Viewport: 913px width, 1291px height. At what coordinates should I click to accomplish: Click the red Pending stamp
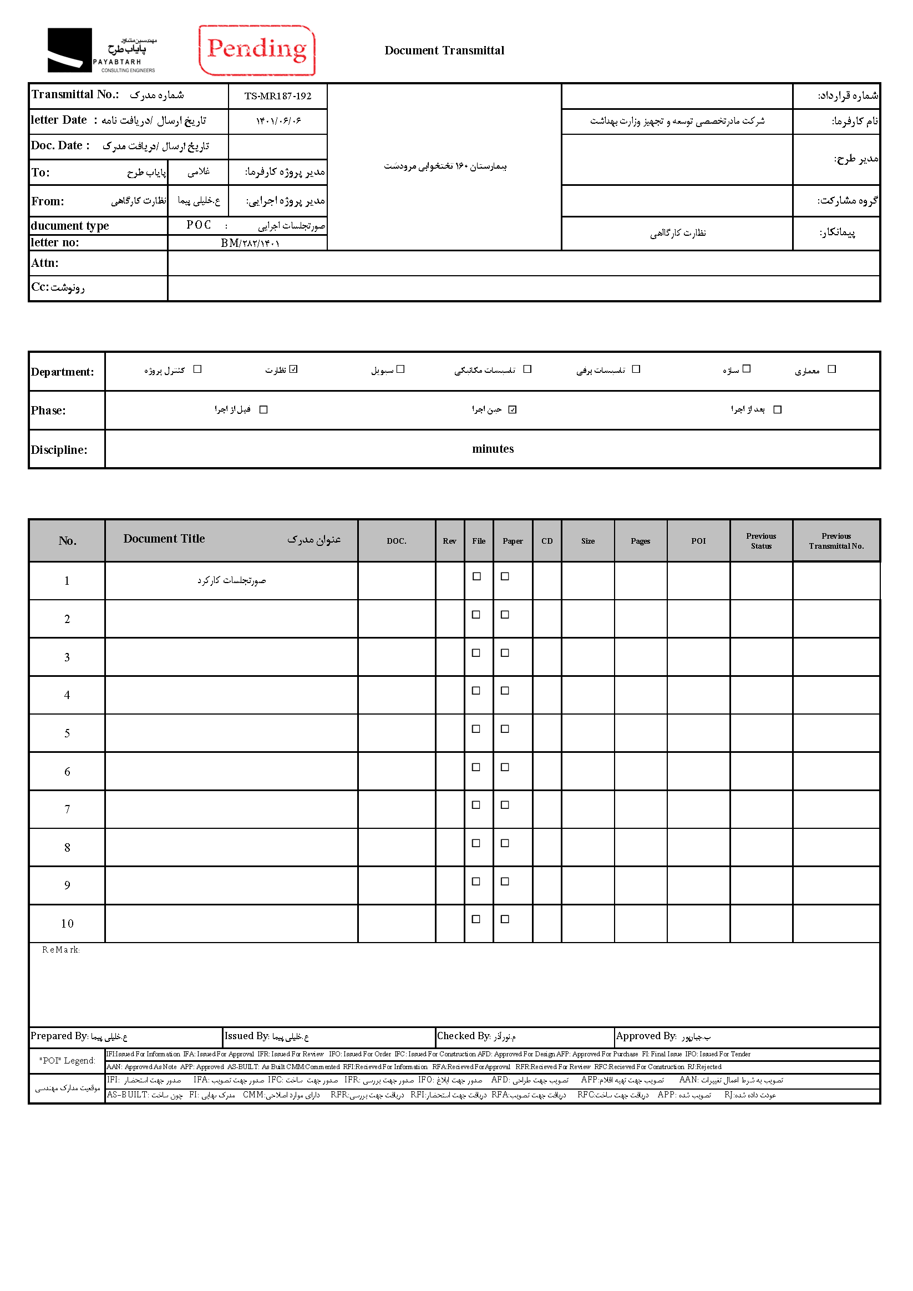point(257,50)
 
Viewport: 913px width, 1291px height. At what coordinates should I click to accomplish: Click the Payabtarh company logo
point(101,50)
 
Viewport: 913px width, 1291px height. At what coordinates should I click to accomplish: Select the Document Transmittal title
point(444,50)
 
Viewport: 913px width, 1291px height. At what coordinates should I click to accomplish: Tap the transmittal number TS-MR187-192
point(278,96)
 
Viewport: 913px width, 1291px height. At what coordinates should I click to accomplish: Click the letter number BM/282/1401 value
point(250,243)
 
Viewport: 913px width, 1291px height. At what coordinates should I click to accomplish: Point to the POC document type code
point(199,225)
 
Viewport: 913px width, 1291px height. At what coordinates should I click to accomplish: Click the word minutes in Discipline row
point(493,449)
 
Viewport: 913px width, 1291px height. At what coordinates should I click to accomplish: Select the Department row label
point(63,372)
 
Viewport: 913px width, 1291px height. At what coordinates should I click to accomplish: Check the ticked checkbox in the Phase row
point(512,409)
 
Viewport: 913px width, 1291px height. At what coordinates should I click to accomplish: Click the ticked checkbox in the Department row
point(293,369)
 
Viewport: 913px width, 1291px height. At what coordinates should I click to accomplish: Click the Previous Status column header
point(760,541)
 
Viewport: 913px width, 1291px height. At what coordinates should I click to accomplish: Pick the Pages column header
point(640,541)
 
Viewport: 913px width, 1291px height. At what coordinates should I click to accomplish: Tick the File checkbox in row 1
point(476,576)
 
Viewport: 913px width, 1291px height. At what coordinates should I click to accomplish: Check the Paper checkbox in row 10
point(505,919)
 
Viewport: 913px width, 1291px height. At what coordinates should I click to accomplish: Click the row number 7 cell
point(67,809)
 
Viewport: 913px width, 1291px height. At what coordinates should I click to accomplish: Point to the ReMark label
point(60,950)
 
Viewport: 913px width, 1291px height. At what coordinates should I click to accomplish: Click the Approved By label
point(646,1036)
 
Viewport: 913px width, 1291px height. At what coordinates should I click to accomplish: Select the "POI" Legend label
point(67,1060)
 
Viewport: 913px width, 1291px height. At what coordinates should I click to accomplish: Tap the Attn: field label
point(45,263)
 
